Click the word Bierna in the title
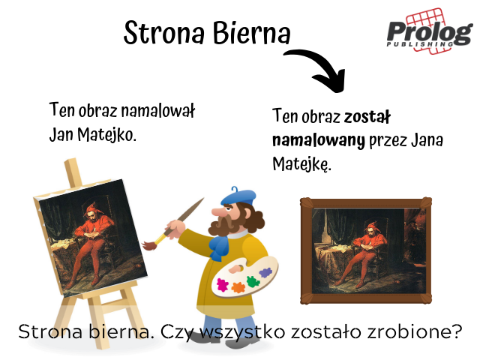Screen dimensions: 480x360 pyautogui.click(x=252, y=33)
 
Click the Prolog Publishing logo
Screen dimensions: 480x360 pyautogui.click(x=430, y=31)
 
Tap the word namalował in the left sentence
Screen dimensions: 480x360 pyautogui.click(x=158, y=110)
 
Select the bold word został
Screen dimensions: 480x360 pyautogui.click(x=367, y=117)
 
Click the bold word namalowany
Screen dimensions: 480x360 pyautogui.click(x=319, y=140)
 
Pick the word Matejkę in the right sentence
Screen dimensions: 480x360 pyautogui.click(x=301, y=164)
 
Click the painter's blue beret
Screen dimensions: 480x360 pyautogui.click(x=238, y=196)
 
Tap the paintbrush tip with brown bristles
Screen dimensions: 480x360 pyautogui.click(x=150, y=245)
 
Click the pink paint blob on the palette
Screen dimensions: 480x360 pyautogui.click(x=223, y=285)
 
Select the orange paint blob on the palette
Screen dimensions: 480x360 pyautogui.click(x=238, y=287)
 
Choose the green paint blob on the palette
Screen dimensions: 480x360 pyautogui.click(x=253, y=281)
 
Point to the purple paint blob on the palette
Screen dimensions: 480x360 pyautogui.click(x=265, y=271)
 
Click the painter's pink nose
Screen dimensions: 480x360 pyautogui.click(x=218, y=211)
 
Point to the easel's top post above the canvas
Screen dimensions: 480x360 pyautogui.click(x=73, y=172)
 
